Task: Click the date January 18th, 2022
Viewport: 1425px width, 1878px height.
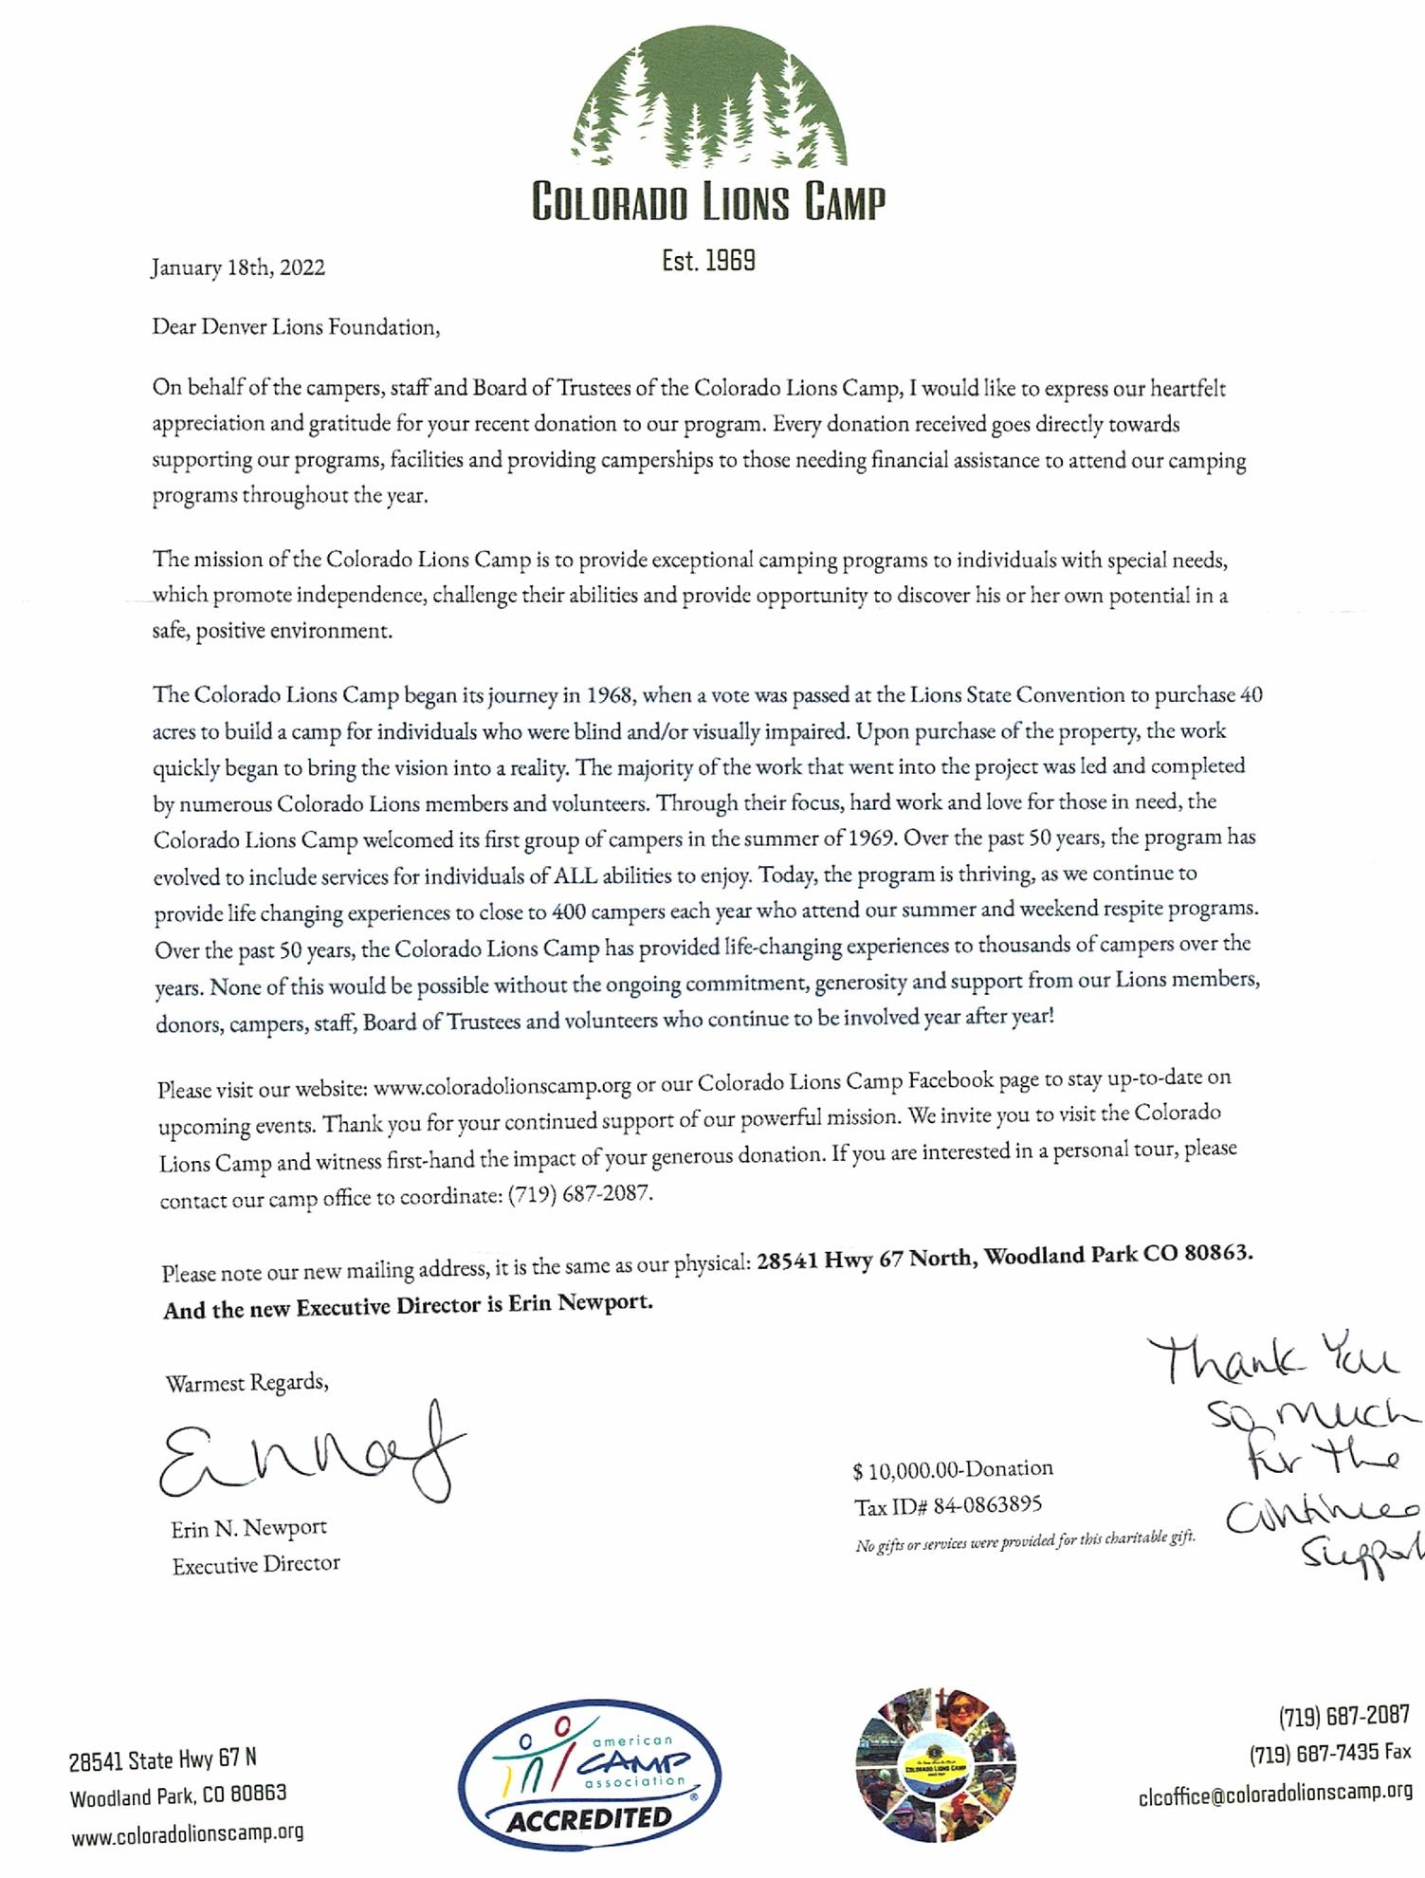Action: (237, 267)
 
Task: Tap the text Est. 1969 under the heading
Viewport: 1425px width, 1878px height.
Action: (708, 260)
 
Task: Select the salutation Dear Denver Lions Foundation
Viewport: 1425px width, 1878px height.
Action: (296, 328)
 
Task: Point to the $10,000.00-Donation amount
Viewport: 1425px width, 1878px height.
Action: (953, 1469)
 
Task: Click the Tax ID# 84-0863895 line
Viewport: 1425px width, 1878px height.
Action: (948, 1504)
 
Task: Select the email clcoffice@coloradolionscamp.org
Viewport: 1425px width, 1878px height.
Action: (1275, 1794)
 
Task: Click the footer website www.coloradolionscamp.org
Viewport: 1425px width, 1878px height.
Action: (187, 1832)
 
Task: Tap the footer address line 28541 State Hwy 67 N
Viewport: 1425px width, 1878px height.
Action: (162, 1759)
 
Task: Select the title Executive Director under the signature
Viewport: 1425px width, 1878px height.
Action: (256, 1564)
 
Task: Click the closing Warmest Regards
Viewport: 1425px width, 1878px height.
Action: (247, 1383)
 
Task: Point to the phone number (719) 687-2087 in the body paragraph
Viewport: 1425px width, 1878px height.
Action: (580, 1194)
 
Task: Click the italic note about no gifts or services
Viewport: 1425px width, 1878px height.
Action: (1025, 1540)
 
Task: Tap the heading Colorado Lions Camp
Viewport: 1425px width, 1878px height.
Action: (708, 202)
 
